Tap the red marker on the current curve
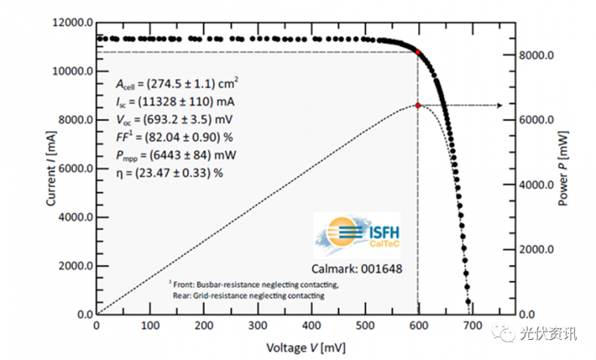(418, 52)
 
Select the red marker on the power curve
(418, 106)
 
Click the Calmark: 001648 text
(355, 266)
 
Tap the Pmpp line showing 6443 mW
(177, 155)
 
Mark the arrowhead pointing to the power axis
(498, 106)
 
